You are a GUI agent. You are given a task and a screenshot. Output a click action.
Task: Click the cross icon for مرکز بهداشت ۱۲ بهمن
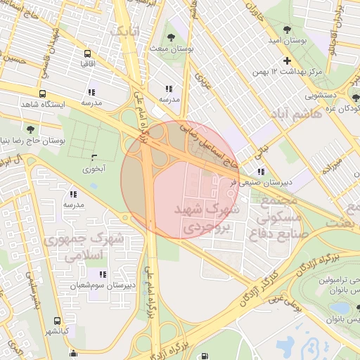(x=286, y=60)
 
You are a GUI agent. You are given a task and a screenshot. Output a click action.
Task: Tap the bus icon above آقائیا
(x=87, y=53)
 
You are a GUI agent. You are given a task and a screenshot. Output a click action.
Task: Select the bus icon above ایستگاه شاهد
(x=43, y=94)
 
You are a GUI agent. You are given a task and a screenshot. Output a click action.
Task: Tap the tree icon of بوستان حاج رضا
(x=30, y=129)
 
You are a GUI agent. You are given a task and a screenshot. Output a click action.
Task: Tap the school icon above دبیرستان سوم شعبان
(x=103, y=274)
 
